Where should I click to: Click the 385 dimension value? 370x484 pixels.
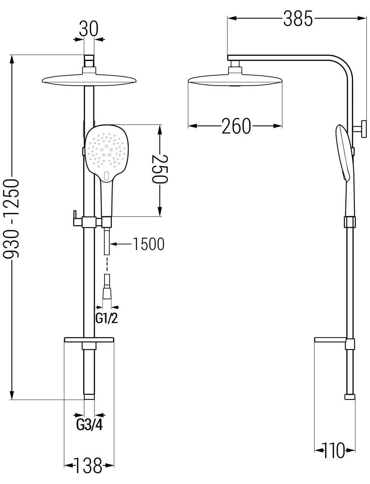coord(298,19)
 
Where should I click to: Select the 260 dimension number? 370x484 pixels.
coord(236,126)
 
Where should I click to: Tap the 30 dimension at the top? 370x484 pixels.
coord(89,29)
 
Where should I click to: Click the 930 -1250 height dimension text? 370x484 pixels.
coord(11,219)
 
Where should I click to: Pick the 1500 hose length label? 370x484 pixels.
coord(148,244)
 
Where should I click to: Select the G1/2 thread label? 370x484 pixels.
coord(107,318)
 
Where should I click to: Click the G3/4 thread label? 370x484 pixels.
coord(89,425)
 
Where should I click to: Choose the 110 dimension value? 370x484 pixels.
coord(334,450)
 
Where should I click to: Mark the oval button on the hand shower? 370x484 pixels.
coord(106,175)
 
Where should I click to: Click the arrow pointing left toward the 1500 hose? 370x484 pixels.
coord(121,244)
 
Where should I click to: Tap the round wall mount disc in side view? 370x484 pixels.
coord(363,129)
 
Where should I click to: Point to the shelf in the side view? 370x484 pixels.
coord(330,340)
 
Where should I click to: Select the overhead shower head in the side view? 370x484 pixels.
coord(235,81)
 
